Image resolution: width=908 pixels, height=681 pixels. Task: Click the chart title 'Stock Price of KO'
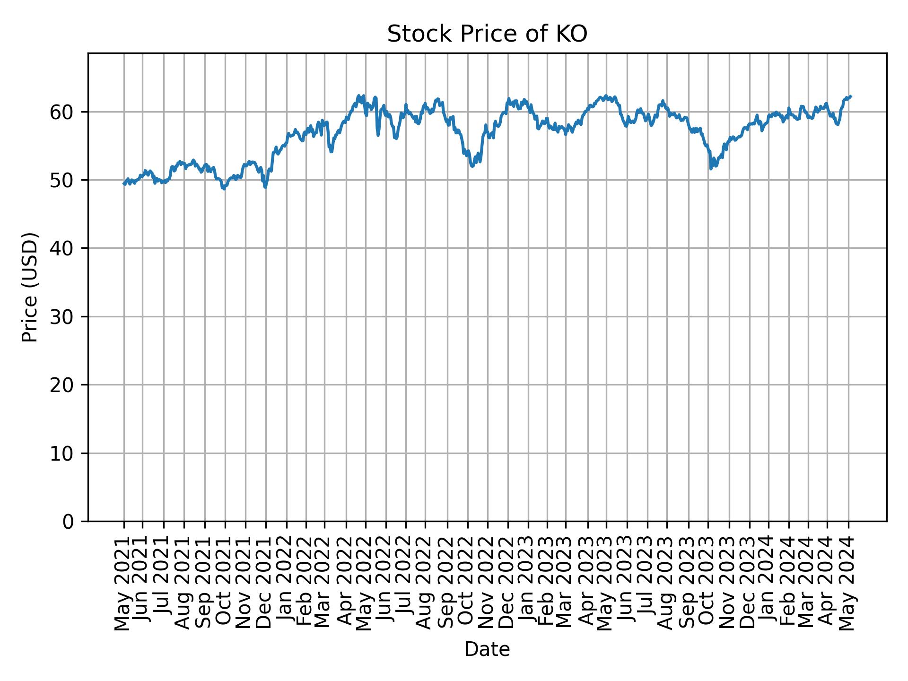[x=487, y=35]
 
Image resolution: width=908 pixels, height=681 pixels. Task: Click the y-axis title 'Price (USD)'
[x=30, y=287]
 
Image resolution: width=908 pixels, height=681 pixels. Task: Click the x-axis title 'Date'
[x=487, y=649]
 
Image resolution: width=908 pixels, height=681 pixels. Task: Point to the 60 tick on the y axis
[x=62, y=112]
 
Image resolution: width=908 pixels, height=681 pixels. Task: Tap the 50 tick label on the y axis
[x=62, y=180]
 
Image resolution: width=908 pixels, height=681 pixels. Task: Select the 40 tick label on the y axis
[x=62, y=248]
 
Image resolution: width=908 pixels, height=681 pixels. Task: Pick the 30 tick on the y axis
[x=62, y=317]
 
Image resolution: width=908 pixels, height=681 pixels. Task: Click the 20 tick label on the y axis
[x=62, y=385]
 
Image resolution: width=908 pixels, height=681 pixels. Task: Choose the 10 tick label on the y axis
[x=62, y=454]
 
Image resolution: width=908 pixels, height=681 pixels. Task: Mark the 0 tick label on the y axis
[x=68, y=522]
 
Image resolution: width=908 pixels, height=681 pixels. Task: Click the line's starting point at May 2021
[x=124, y=184]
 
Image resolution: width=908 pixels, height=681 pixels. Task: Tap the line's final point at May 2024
[x=851, y=96]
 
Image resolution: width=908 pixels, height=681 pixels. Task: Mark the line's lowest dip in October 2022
[x=472, y=166]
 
